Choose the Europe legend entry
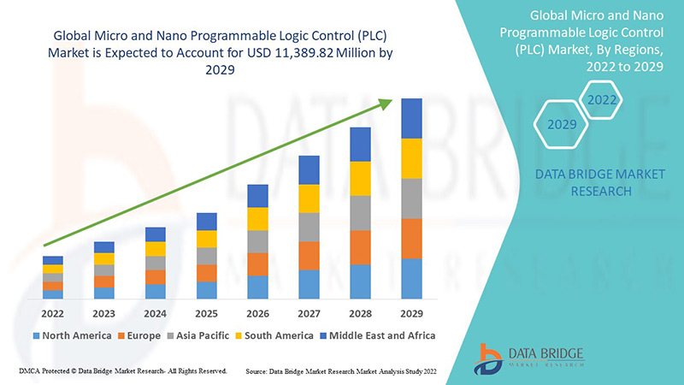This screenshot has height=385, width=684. click(x=139, y=335)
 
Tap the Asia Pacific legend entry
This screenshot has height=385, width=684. click(x=198, y=335)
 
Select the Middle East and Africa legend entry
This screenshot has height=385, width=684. click(x=377, y=335)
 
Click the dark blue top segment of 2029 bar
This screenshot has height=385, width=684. click(x=411, y=118)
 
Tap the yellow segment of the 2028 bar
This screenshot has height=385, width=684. click(x=360, y=178)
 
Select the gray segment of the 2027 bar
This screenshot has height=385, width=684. click(x=309, y=227)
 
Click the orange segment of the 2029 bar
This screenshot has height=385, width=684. click(x=411, y=239)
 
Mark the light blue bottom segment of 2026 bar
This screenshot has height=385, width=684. click(x=257, y=287)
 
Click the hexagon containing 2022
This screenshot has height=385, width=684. click(x=601, y=100)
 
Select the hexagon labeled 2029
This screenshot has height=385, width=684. click(x=562, y=125)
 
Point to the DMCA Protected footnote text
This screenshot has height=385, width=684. click(x=121, y=371)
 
